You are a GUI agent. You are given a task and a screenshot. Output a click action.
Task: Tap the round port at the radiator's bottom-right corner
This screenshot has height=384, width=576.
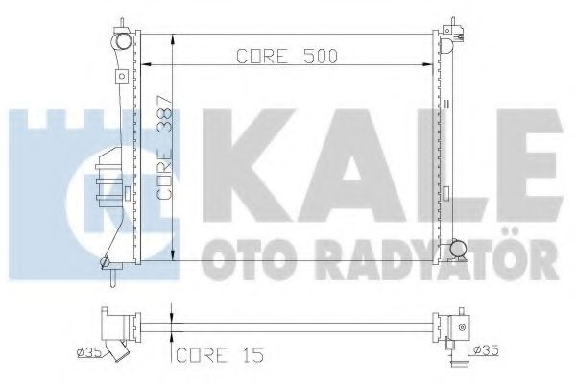[460, 249]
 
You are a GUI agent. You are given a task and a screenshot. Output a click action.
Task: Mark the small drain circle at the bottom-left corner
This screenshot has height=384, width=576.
[105, 260]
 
